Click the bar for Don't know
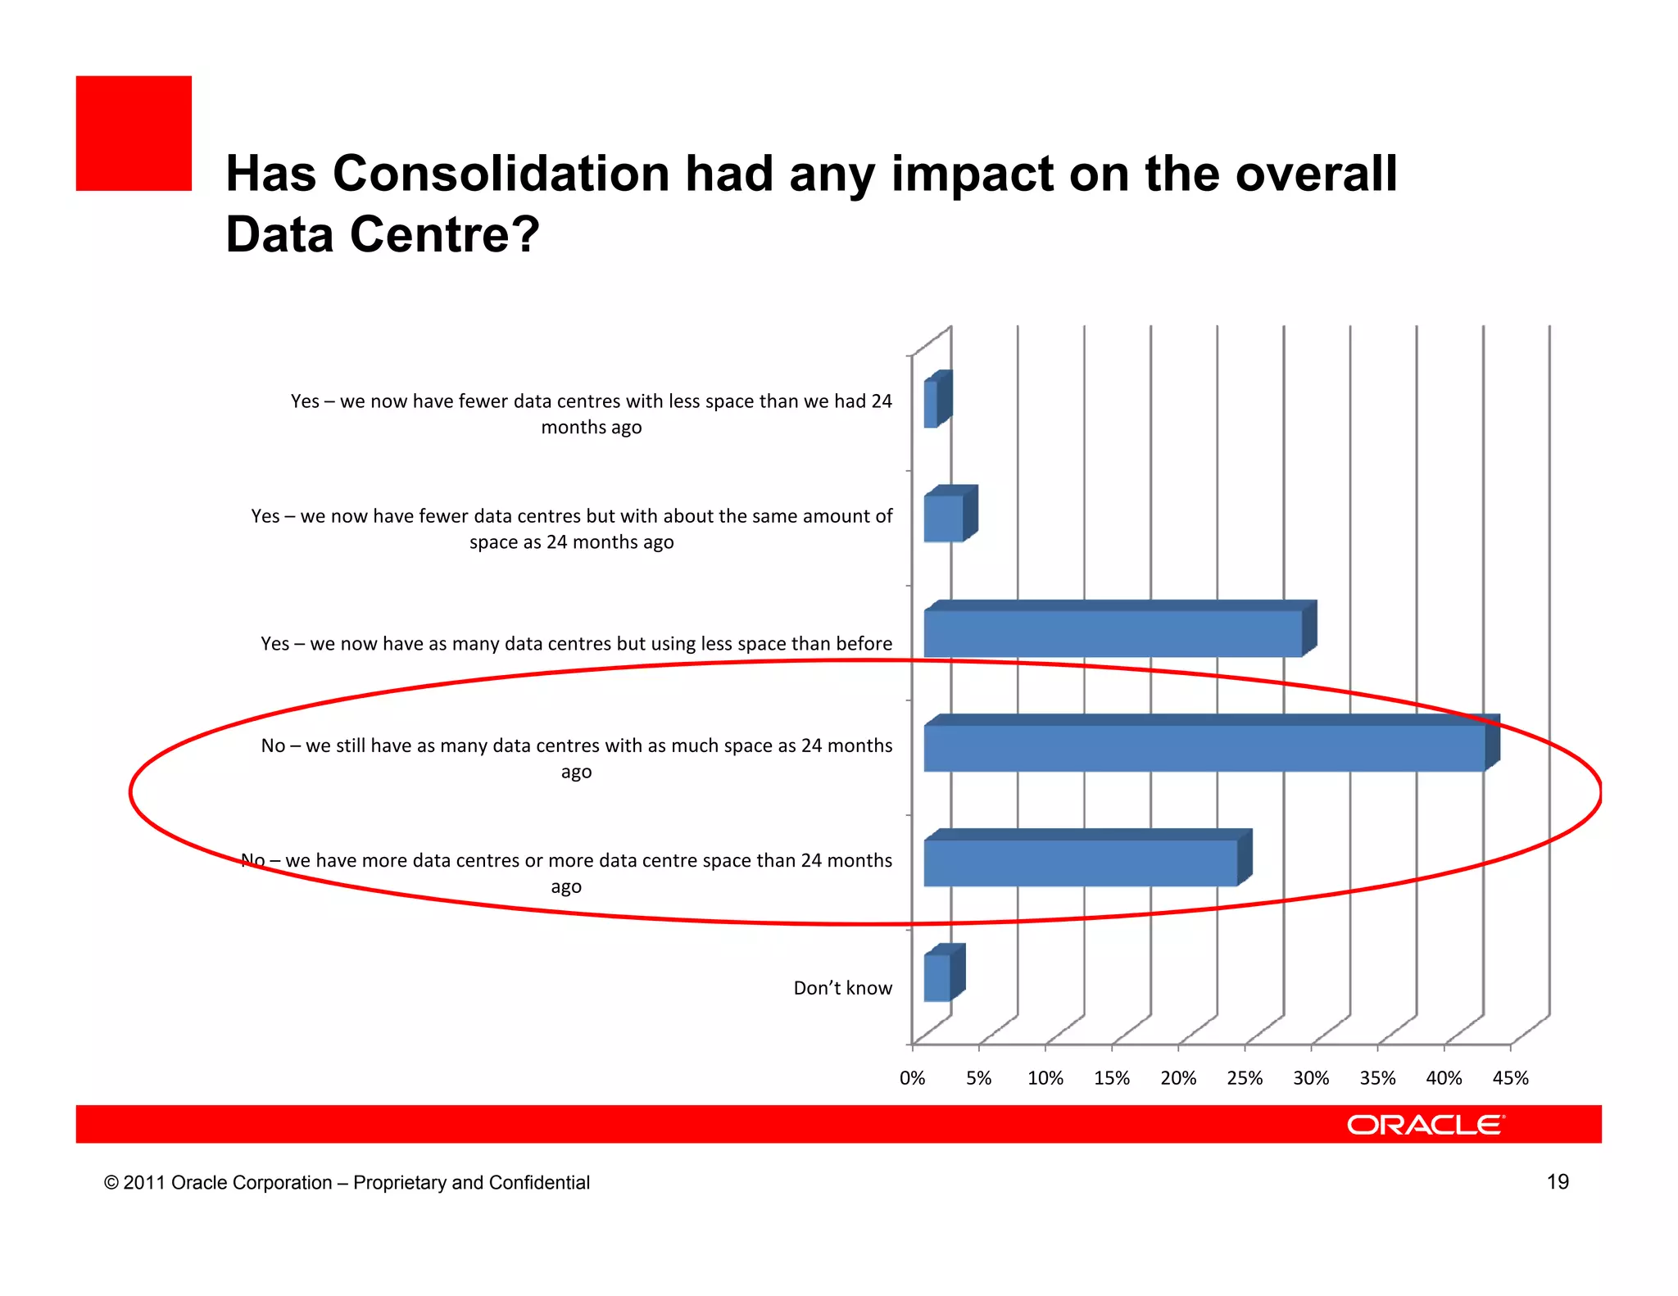pyautogui.click(x=937, y=977)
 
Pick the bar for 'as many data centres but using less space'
pyautogui.click(x=1113, y=633)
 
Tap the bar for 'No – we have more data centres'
pyautogui.click(x=1080, y=863)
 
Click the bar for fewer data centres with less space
pyautogui.click(x=932, y=404)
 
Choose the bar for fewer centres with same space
pyautogui.click(x=943, y=519)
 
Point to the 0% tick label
pyautogui.click(x=912, y=1078)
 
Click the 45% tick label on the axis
pyautogui.click(x=1510, y=1078)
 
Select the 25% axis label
pyautogui.click(x=1245, y=1078)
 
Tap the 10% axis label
pyautogui.click(x=1045, y=1078)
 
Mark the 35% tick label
pyautogui.click(x=1377, y=1078)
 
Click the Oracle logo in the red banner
pyautogui.click(x=1426, y=1125)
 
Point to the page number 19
pyautogui.click(x=1557, y=1181)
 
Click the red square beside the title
pyautogui.click(x=134, y=134)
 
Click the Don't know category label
pyautogui.click(x=842, y=988)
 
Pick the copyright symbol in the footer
pyautogui.click(x=111, y=1183)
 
